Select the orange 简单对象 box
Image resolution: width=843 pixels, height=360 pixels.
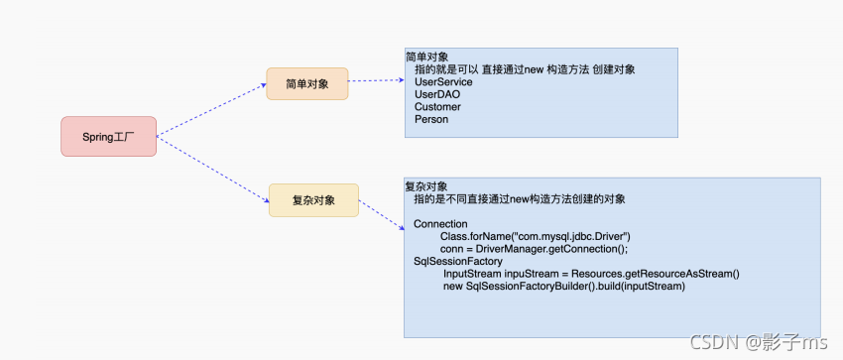[306, 83]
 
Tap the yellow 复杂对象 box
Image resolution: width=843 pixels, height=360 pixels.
[313, 200]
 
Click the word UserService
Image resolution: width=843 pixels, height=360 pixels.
[443, 82]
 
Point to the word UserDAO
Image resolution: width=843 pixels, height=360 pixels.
[436, 94]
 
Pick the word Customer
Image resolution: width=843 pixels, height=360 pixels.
[437, 107]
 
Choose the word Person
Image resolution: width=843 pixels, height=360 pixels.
[431, 119]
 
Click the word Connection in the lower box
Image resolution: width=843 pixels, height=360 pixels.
[440, 224]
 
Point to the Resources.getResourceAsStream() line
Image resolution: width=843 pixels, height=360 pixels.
[592, 274]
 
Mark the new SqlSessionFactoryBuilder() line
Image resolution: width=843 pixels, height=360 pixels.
[564, 287]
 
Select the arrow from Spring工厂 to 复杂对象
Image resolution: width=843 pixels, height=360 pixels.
[213, 168]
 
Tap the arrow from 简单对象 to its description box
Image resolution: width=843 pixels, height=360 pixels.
[377, 81]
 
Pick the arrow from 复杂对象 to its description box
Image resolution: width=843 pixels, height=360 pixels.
[382, 216]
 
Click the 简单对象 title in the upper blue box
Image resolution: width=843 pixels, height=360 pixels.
[427, 57]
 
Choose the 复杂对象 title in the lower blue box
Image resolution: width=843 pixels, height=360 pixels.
[426, 186]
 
